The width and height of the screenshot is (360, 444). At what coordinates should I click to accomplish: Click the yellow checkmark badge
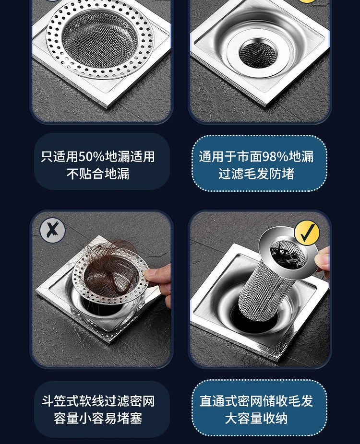[x=307, y=233]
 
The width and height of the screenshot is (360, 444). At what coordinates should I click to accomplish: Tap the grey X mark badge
[x=52, y=231]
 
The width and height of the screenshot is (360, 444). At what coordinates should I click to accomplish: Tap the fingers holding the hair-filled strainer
[x=159, y=280]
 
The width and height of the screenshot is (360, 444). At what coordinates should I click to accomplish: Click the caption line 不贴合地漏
[x=98, y=174]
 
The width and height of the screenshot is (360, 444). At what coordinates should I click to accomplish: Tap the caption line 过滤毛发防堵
[x=256, y=174]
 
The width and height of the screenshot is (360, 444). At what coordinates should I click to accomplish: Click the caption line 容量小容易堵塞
[x=98, y=418]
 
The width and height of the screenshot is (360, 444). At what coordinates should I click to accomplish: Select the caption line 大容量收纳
[x=256, y=418]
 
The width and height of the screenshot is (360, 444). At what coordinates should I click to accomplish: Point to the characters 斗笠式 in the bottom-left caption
[x=60, y=401]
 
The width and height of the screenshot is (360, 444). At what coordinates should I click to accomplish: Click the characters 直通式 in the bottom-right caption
[x=218, y=401]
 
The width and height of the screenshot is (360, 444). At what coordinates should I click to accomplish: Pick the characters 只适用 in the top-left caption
[x=60, y=157]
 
